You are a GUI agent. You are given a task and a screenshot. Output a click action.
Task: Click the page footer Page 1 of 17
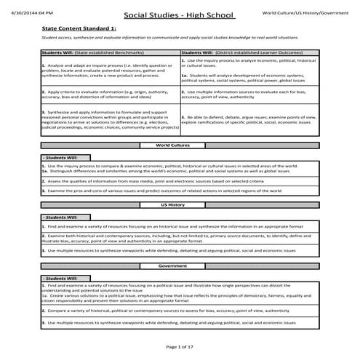(x=180, y=347)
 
